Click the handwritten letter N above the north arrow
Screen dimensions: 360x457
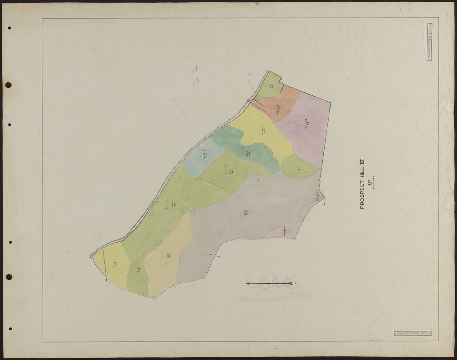195,70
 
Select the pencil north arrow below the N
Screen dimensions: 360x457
196,86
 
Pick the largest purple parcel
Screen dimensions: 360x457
306,128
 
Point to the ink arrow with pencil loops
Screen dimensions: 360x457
270,283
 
